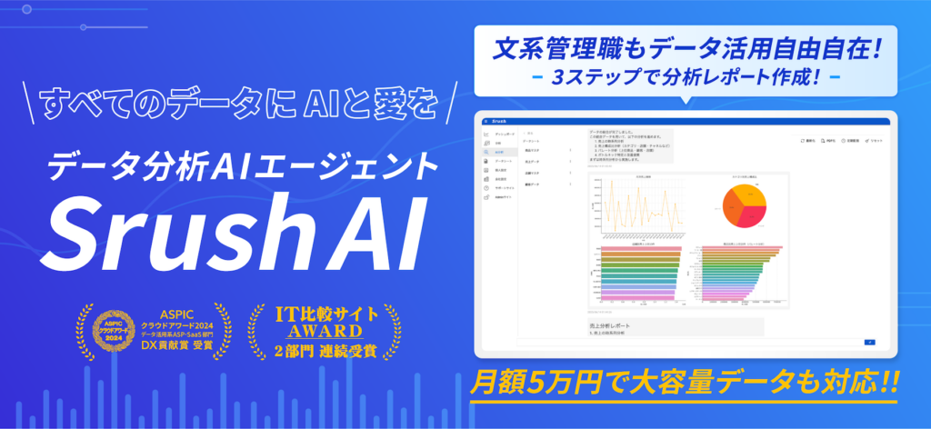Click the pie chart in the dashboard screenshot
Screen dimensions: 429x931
(x=746, y=203)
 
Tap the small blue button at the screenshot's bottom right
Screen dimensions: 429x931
(x=869, y=342)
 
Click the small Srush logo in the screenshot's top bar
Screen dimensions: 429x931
(x=506, y=121)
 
